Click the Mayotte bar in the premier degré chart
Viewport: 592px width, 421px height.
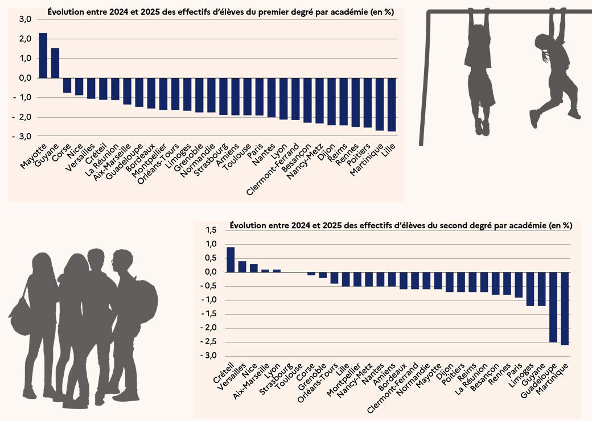point(43,55)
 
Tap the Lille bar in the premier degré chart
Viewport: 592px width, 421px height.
point(392,105)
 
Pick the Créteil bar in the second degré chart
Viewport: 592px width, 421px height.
point(231,259)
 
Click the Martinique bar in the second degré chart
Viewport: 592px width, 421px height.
point(565,308)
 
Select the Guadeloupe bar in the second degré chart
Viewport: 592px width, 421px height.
point(553,307)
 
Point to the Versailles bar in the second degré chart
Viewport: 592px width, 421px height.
point(242,266)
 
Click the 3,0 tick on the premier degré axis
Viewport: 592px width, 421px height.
point(25,19)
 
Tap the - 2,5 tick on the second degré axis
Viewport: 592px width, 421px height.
point(209,342)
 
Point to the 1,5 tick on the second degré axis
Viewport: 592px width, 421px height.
point(211,230)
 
